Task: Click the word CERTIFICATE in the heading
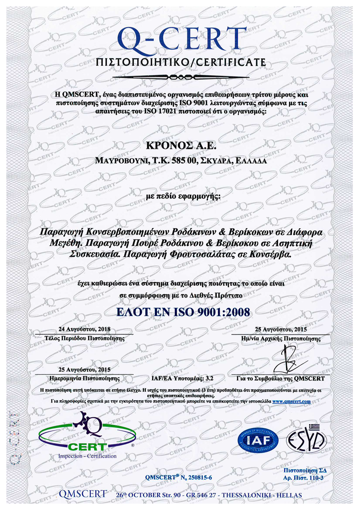pos(231,62)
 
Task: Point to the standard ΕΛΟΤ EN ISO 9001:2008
pos(183,312)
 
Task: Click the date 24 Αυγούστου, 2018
pos(84,329)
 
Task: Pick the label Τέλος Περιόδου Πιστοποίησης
pos(84,338)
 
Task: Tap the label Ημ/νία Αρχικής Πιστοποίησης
pos(280,338)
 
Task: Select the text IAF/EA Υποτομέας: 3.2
pos(182,378)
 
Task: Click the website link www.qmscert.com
pos(291,401)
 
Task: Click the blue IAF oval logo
pos(258,440)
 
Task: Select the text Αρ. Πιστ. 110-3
pos(303,478)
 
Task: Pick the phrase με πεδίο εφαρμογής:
pos(183,196)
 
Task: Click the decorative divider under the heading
pos(181,77)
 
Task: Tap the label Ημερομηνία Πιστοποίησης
pos(84,378)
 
